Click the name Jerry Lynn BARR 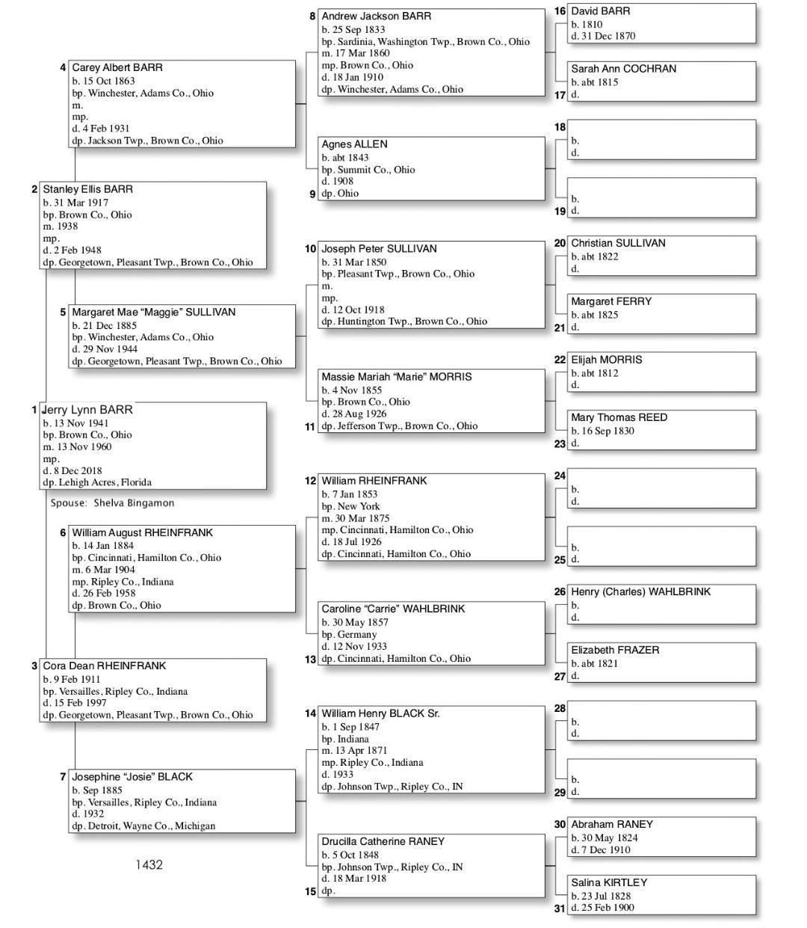(x=87, y=410)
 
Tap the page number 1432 (x=149, y=865)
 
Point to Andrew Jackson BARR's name (x=376, y=16)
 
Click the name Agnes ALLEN (x=354, y=144)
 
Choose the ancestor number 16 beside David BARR (x=560, y=11)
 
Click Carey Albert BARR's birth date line (x=103, y=81)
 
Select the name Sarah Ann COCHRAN (x=623, y=69)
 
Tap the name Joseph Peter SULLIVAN (x=379, y=249)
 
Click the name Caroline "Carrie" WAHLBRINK (x=393, y=609)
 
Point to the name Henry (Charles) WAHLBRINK (x=640, y=591)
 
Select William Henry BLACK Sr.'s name (x=380, y=713)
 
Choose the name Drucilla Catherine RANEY (x=383, y=841)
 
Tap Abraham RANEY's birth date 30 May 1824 (x=605, y=838)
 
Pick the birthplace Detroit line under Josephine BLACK (x=143, y=826)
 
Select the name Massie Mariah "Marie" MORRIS (x=396, y=377)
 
